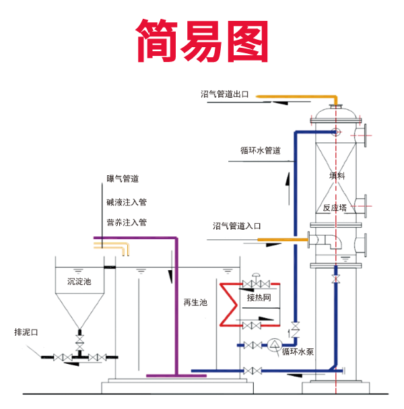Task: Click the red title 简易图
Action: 203,39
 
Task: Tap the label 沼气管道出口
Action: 225,95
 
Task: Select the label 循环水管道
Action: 260,150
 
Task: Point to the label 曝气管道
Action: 123,179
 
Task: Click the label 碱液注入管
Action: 126,201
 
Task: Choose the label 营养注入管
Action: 126,222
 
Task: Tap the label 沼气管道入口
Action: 236,226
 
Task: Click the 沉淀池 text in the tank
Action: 79,281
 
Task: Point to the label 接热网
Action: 259,297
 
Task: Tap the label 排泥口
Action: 27,332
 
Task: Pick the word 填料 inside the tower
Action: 337,176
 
